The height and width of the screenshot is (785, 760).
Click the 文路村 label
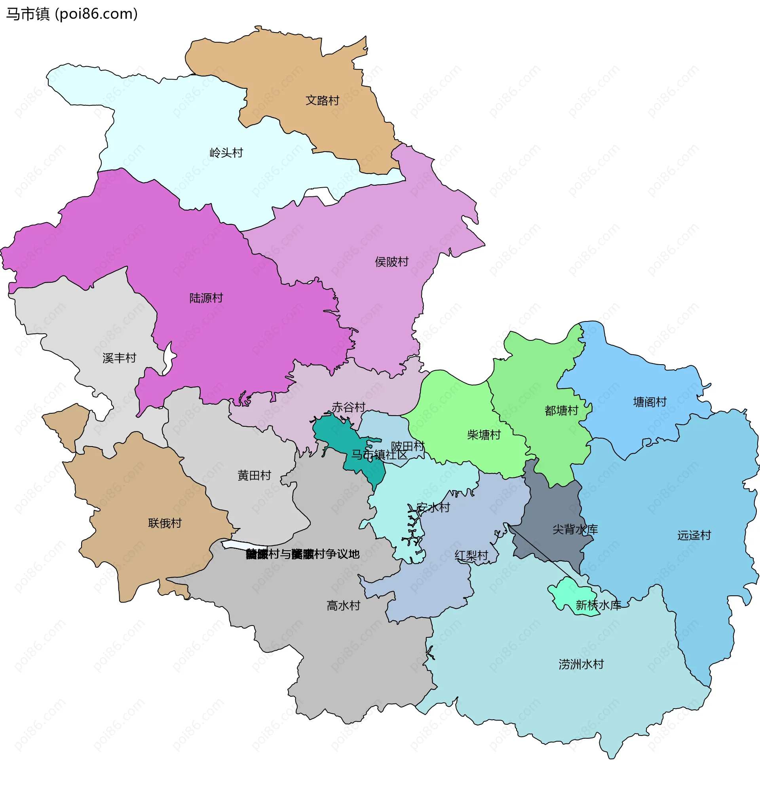[x=322, y=101]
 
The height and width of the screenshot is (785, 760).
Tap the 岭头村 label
[x=226, y=153]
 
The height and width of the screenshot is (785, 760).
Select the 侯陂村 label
[x=391, y=262]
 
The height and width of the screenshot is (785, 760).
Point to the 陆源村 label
[x=206, y=298]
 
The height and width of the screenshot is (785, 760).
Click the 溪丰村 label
[x=119, y=358]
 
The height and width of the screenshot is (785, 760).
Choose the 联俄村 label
[x=165, y=523]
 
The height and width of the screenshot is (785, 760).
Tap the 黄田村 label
[x=254, y=475]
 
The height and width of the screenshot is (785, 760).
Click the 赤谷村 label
[x=348, y=407]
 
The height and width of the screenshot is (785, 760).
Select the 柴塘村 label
[x=484, y=435]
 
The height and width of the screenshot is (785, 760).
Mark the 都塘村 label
[x=561, y=411]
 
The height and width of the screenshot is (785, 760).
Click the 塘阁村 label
[x=650, y=402]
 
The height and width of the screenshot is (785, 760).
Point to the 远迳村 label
[x=694, y=536]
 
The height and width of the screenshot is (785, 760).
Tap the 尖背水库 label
[x=575, y=530]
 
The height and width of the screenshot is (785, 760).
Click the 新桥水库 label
[x=598, y=605]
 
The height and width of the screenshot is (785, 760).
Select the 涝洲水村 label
[x=581, y=664]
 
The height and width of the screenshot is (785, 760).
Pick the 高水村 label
[x=343, y=606]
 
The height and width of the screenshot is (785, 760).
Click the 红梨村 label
[x=471, y=555]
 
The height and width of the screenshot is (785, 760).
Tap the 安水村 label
[x=433, y=508]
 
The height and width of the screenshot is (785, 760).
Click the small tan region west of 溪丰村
[x=67, y=424]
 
